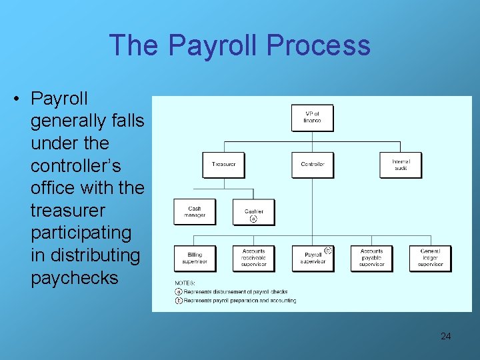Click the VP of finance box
point(312,117)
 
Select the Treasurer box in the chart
point(223,164)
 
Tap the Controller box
point(312,164)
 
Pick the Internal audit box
point(401,164)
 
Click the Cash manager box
point(194,211)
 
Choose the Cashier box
point(253,213)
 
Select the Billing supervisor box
point(194,258)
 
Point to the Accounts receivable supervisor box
point(253,258)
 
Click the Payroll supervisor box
point(312,258)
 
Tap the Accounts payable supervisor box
point(371,258)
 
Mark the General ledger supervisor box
point(430,258)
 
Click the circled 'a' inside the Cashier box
point(253,219)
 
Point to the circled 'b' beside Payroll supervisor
point(327,251)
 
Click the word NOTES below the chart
point(185,283)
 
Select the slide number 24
point(445,336)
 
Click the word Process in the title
point(317,45)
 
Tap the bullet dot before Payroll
point(15,99)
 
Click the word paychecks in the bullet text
point(74,277)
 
